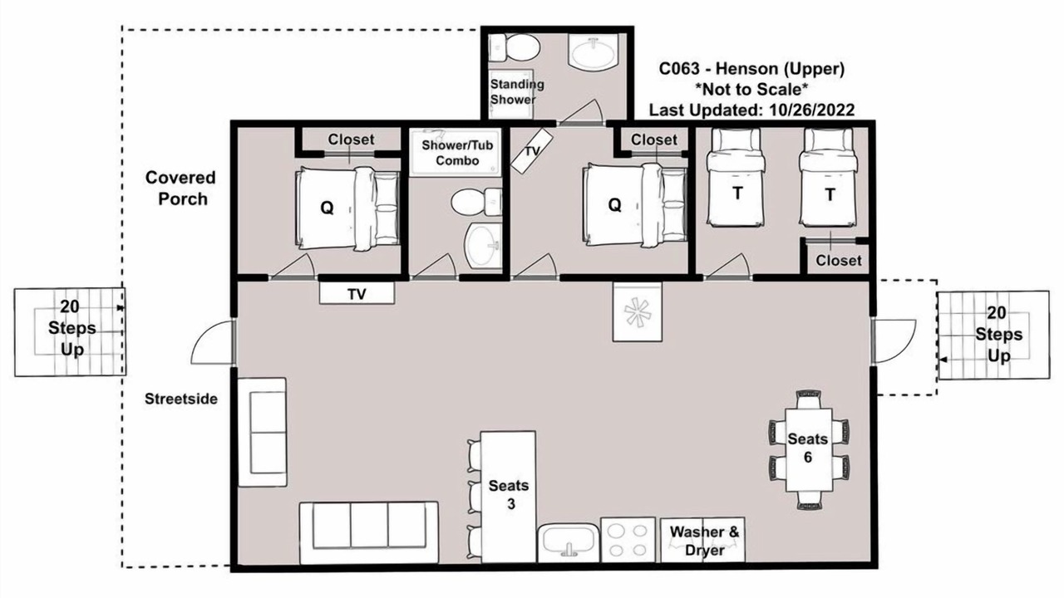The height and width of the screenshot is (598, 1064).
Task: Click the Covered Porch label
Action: pos(180,189)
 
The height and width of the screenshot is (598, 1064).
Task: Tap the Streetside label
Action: pos(181,399)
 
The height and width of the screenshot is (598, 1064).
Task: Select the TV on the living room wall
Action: pos(357,293)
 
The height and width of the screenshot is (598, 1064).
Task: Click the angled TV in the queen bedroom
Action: pos(532,151)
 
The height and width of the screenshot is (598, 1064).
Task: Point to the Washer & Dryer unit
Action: pos(703,540)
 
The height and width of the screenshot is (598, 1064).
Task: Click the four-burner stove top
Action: pos(628,540)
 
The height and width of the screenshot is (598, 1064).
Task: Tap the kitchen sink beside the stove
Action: pos(569,542)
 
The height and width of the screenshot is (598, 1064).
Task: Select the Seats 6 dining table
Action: pos(809,449)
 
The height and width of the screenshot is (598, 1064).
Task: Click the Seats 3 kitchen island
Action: pos(508,497)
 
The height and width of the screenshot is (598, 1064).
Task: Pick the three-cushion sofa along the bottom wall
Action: pos(368,532)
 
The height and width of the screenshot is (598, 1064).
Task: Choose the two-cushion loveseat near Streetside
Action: pos(262,433)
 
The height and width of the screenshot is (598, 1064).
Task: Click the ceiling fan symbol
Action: pos(638,311)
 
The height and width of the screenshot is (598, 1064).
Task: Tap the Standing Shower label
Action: pos(516,92)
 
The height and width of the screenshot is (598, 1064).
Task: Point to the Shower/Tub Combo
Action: pos(456,152)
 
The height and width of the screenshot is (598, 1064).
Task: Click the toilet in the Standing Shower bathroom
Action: pos(515,47)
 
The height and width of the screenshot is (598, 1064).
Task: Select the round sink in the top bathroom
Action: pos(594,52)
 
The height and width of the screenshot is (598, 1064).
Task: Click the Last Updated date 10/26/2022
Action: pos(812,110)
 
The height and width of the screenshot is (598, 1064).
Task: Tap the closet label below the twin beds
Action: pos(839,261)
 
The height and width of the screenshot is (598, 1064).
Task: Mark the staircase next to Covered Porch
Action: pos(71,331)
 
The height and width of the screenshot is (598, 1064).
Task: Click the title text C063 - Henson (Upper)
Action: pos(752,69)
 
